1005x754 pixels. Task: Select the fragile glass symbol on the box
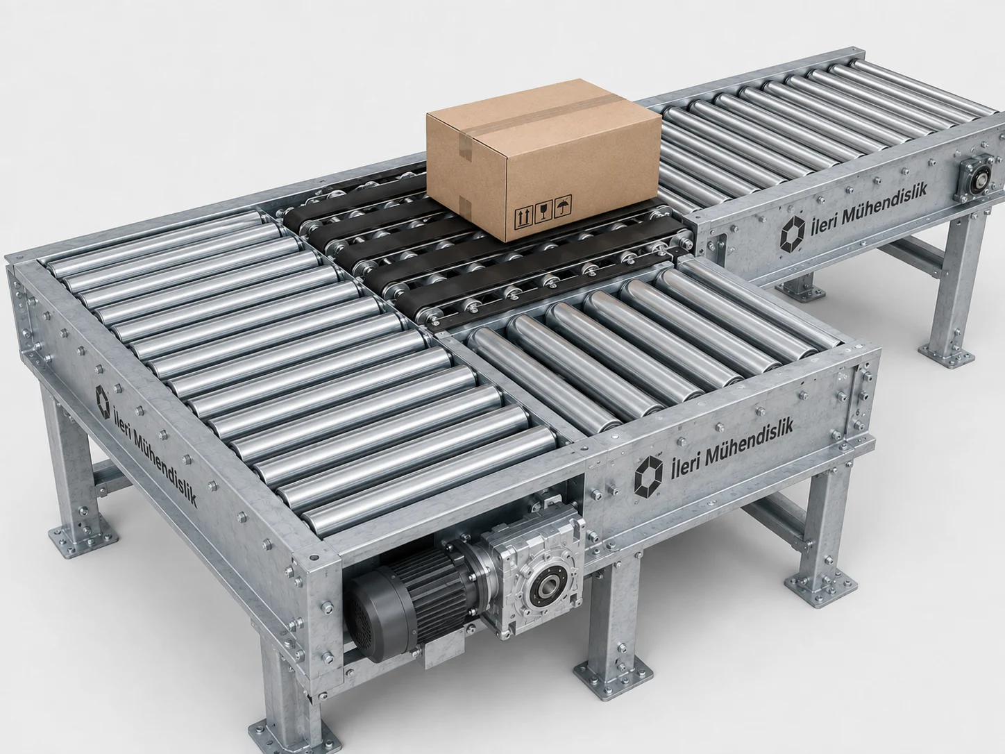click(543, 212)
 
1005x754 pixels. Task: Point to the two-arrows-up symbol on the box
click(523, 219)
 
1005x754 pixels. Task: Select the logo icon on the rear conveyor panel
click(792, 235)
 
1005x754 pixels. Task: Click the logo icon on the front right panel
click(648, 476)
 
